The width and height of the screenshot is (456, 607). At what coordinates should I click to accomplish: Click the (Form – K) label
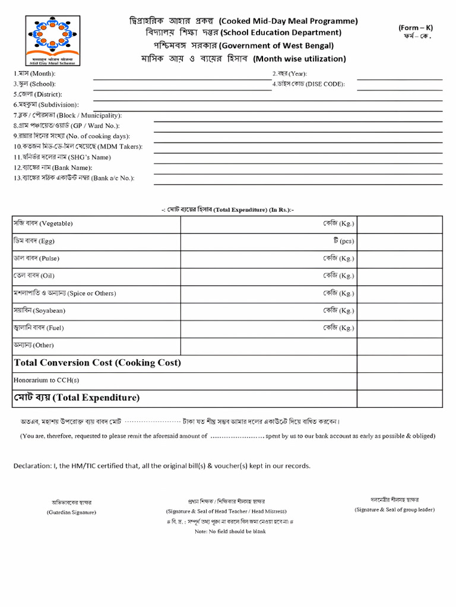415,28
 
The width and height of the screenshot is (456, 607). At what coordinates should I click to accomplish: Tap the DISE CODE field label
308,84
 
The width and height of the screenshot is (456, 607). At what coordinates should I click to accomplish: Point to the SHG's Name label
62,157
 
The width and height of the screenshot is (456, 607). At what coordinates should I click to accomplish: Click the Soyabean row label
39,311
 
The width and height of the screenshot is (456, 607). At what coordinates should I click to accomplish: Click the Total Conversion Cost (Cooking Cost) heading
97,363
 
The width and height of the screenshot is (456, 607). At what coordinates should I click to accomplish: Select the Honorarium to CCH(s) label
46,380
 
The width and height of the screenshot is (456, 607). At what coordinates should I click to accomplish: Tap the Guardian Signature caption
71,512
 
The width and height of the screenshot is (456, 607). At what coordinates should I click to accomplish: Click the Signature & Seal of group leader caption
394,509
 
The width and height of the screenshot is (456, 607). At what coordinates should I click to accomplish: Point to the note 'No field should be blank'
230,531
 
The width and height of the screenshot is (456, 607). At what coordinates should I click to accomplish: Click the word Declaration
32,466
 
